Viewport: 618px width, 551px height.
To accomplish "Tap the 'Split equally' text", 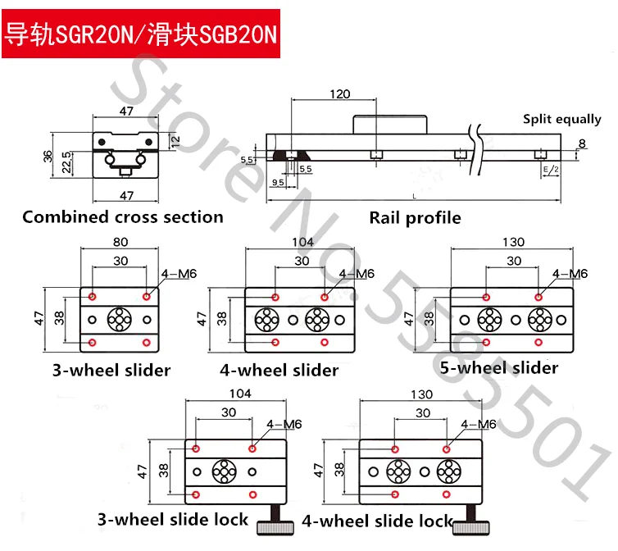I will click(561, 120).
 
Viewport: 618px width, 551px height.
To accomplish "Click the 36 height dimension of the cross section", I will click(48, 154).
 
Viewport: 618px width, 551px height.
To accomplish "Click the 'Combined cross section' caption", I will click(123, 217).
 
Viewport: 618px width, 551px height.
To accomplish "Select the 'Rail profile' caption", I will click(415, 218).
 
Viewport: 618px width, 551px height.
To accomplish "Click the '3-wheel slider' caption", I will click(120, 370).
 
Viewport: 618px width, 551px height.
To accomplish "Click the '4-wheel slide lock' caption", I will click(377, 521).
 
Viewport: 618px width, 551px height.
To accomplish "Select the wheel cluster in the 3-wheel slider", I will click(120, 317).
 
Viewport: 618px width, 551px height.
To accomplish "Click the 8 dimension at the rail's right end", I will click(583, 143).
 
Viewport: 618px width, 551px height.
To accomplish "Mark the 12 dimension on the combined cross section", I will click(175, 140).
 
